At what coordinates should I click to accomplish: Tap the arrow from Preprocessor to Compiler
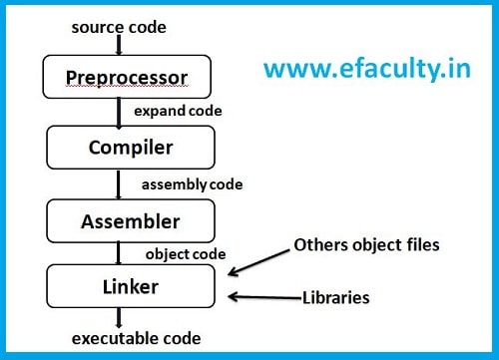[120, 113]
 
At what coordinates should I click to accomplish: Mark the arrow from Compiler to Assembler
[120, 184]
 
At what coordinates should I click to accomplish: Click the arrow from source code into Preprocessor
[120, 43]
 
